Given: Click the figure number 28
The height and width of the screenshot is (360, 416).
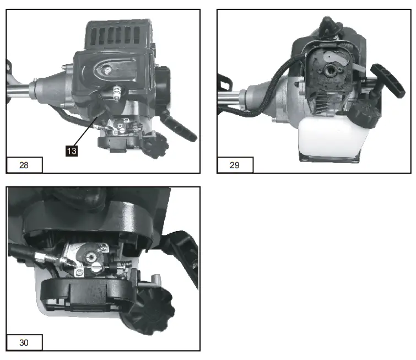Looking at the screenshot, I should point(24,164).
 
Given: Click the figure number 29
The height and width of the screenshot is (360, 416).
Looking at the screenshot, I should point(235,164).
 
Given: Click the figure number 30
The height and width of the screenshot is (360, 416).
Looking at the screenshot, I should point(24,342).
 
